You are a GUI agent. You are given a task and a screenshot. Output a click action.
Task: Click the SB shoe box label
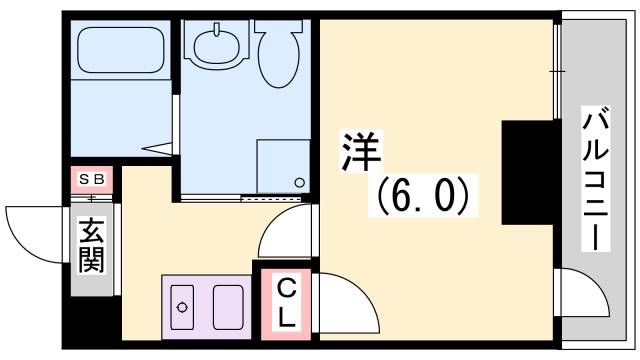(92, 180)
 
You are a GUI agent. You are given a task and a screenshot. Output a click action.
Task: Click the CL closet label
(286, 304)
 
